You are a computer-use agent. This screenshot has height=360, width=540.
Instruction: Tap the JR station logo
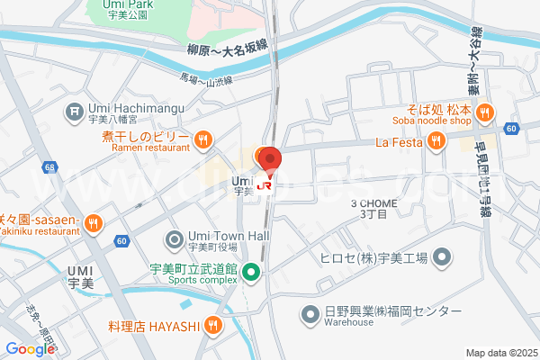pos(265,185)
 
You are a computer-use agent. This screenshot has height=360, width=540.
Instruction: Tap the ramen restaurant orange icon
pos(203,139)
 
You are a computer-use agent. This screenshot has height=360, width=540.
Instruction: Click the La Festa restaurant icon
pos(436,139)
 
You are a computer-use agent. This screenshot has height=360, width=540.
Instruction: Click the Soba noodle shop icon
pos(484,112)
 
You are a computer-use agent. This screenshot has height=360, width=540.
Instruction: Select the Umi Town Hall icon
pos(174,240)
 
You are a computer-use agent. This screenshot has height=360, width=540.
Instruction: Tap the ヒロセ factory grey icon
pos(441,260)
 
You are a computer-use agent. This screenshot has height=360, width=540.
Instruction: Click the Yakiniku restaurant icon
pos(94,223)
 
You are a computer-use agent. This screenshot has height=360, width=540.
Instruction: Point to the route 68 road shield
pos(49,167)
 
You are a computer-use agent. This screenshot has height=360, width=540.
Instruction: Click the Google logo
pos(30,349)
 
